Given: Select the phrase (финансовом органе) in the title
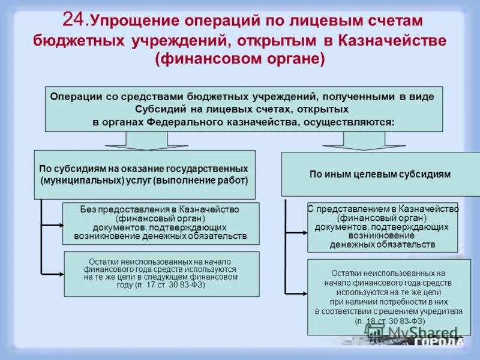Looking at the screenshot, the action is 239,61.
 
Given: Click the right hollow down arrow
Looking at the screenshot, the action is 355,141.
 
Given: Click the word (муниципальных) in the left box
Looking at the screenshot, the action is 75,180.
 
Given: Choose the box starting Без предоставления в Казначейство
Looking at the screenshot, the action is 161,223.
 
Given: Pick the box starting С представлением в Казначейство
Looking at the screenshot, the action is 382,227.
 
